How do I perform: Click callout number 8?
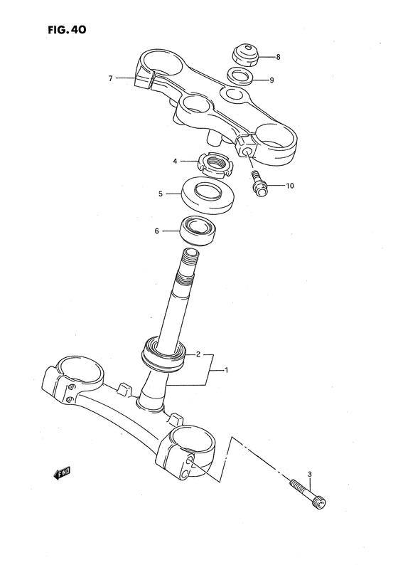coord(278,56)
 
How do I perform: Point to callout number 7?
coord(110,78)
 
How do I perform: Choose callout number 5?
coord(161,192)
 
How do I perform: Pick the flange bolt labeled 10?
coord(257,184)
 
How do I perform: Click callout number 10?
coord(289,186)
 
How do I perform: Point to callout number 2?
coord(198,354)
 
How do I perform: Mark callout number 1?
coord(226,370)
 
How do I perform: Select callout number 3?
coord(310,474)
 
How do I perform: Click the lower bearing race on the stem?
coord(164,352)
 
